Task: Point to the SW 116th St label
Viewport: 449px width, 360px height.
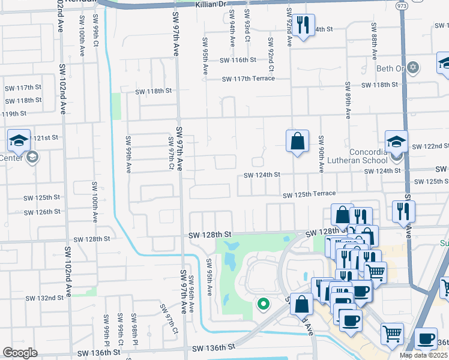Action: coord(238,61)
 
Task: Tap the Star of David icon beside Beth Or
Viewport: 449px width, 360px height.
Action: coord(412,67)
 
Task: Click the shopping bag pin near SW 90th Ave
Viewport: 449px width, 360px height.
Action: coord(297,142)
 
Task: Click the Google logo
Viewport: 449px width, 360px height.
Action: coord(19,353)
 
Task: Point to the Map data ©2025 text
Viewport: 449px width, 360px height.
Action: coord(424,355)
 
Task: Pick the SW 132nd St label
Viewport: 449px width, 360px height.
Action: coord(44,298)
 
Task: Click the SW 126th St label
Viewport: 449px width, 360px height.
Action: coord(41,212)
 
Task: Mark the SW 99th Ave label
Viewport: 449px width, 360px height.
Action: coord(128,154)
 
